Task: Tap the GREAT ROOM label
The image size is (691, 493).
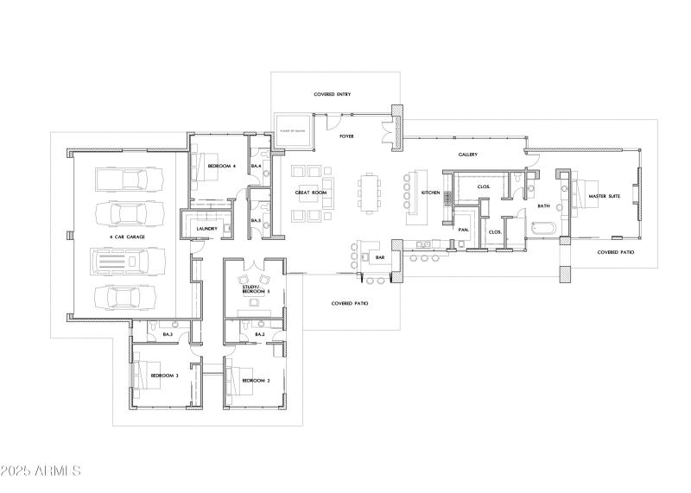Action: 309,193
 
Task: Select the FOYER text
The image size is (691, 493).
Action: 346,136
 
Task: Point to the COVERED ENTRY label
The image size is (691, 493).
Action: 332,93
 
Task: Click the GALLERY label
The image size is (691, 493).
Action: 468,155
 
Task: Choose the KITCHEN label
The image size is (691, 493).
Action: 431,192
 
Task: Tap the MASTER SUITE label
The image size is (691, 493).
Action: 603,196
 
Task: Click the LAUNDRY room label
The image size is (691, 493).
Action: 206,228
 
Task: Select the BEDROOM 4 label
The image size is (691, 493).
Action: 221,165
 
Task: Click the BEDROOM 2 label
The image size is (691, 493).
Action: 256,380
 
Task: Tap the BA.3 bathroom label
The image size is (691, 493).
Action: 167,333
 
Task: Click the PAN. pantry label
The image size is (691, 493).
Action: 463,230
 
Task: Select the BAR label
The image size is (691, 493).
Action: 378,256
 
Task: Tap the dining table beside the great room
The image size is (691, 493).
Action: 371,192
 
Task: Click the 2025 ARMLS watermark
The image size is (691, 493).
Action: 41,471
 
